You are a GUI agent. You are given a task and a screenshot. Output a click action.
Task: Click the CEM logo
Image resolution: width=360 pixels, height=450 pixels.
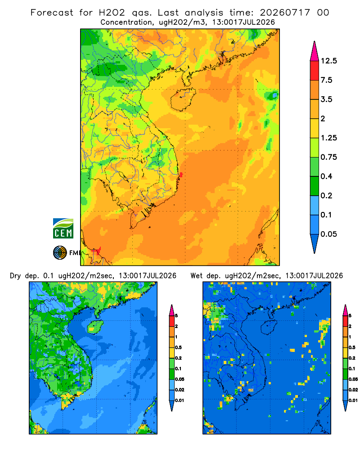(x=63, y=229)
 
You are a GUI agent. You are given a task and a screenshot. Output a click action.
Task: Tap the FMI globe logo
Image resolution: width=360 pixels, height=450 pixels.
(x=60, y=252)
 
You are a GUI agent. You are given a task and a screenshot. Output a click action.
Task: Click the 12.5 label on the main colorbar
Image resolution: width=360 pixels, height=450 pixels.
(x=329, y=61)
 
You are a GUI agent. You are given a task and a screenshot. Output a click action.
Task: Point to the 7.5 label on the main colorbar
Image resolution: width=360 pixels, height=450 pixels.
(x=326, y=80)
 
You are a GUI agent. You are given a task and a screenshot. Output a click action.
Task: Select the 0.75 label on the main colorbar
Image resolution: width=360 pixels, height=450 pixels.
(x=328, y=157)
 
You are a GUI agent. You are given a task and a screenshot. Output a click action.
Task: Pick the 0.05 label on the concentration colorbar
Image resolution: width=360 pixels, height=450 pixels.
(x=328, y=234)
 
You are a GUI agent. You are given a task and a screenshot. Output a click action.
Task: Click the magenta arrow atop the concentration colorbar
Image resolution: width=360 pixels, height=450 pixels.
(x=315, y=51)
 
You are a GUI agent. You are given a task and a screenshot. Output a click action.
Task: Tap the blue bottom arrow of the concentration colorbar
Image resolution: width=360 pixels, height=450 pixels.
(x=315, y=243)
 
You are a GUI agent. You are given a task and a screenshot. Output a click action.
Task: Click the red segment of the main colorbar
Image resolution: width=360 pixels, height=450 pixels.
(x=315, y=71)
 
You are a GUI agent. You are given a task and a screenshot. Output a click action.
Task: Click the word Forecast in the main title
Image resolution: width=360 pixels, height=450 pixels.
(x=52, y=13)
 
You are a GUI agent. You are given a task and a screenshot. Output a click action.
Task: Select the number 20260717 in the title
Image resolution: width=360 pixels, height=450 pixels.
(x=285, y=13)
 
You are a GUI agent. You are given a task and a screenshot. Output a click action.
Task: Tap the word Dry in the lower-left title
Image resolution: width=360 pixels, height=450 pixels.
(x=15, y=276)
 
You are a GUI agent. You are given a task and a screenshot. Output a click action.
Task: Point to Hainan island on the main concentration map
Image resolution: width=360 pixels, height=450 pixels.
(x=183, y=99)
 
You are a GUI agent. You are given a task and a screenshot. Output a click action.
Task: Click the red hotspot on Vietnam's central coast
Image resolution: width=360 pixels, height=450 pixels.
(x=181, y=175)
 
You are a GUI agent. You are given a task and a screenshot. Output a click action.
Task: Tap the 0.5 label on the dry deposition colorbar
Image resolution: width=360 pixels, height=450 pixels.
(x=178, y=347)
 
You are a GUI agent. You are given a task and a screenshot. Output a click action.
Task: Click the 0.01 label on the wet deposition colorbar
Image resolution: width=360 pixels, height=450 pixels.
(x=353, y=400)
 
